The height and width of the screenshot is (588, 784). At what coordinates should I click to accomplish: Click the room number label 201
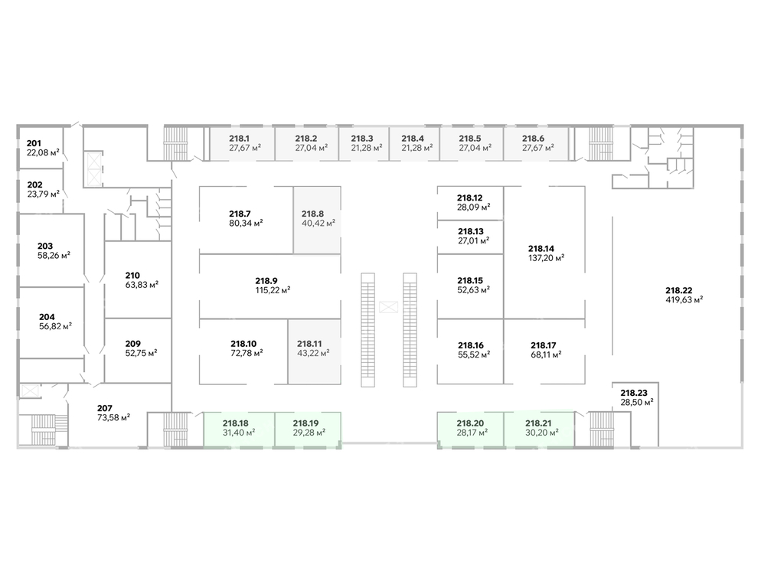(x=34, y=143)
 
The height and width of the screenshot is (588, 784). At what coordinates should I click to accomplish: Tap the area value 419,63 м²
(x=684, y=300)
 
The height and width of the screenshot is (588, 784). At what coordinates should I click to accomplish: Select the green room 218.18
(x=239, y=430)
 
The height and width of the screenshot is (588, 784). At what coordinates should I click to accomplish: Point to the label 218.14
(x=541, y=249)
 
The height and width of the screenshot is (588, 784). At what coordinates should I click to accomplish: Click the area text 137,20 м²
(x=546, y=258)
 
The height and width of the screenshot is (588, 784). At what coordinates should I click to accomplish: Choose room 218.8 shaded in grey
(x=317, y=220)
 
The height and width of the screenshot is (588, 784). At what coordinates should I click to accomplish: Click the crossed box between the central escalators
(x=388, y=307)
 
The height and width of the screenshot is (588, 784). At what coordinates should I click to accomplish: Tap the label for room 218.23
(x=634, y=393)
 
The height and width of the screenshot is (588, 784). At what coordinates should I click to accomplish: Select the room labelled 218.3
(x=364, y=143)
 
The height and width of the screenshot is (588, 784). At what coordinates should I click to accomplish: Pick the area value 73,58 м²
(x=113, y=417)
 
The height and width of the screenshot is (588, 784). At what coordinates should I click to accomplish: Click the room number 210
(x=132, y=276)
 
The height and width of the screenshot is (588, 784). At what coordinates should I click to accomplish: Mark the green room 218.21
(x=539, y=430)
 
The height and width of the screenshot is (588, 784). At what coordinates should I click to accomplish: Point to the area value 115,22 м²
(x=273, y=290)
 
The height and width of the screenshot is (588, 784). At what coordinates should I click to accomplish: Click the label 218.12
(x=470, y=198)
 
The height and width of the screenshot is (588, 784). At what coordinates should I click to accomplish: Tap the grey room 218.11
(x=314, y=352)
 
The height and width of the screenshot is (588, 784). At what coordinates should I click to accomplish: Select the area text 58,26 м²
(x=54, y=256)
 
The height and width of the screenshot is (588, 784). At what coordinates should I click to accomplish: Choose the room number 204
(x=47, y=317)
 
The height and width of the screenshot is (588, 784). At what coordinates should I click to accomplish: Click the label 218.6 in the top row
(x=533, y=139)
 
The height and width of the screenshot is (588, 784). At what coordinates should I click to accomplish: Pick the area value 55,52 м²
(x=473, y=354)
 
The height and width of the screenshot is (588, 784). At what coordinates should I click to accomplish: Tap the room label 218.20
(x=470, y=423)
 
